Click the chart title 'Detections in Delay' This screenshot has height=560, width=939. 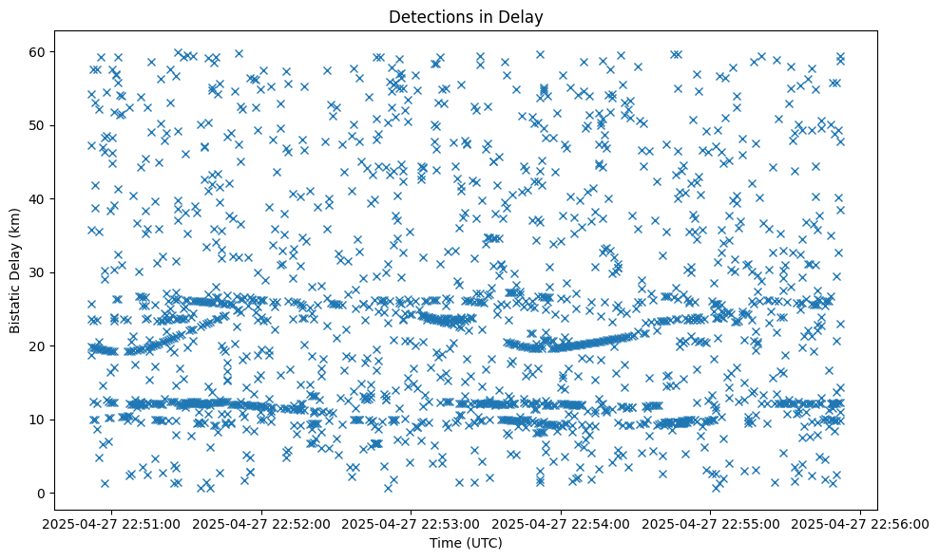(466, 16)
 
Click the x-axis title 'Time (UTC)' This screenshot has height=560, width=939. (466, 543)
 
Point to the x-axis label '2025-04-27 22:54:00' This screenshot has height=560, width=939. (562, 524)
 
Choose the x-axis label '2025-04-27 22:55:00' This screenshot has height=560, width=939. (711, 524)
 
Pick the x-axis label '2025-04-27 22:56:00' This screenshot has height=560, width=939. (861, 524)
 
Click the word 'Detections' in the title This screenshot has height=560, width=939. (427, 16)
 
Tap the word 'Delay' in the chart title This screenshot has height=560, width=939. (525, 16)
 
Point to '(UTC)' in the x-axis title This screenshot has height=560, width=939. (483, 543)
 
